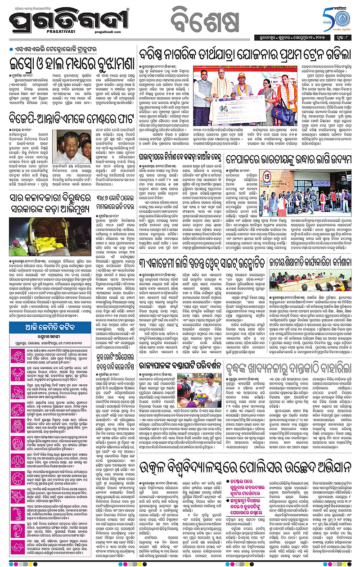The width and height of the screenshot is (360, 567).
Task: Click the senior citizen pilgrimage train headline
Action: click(244, 54)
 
